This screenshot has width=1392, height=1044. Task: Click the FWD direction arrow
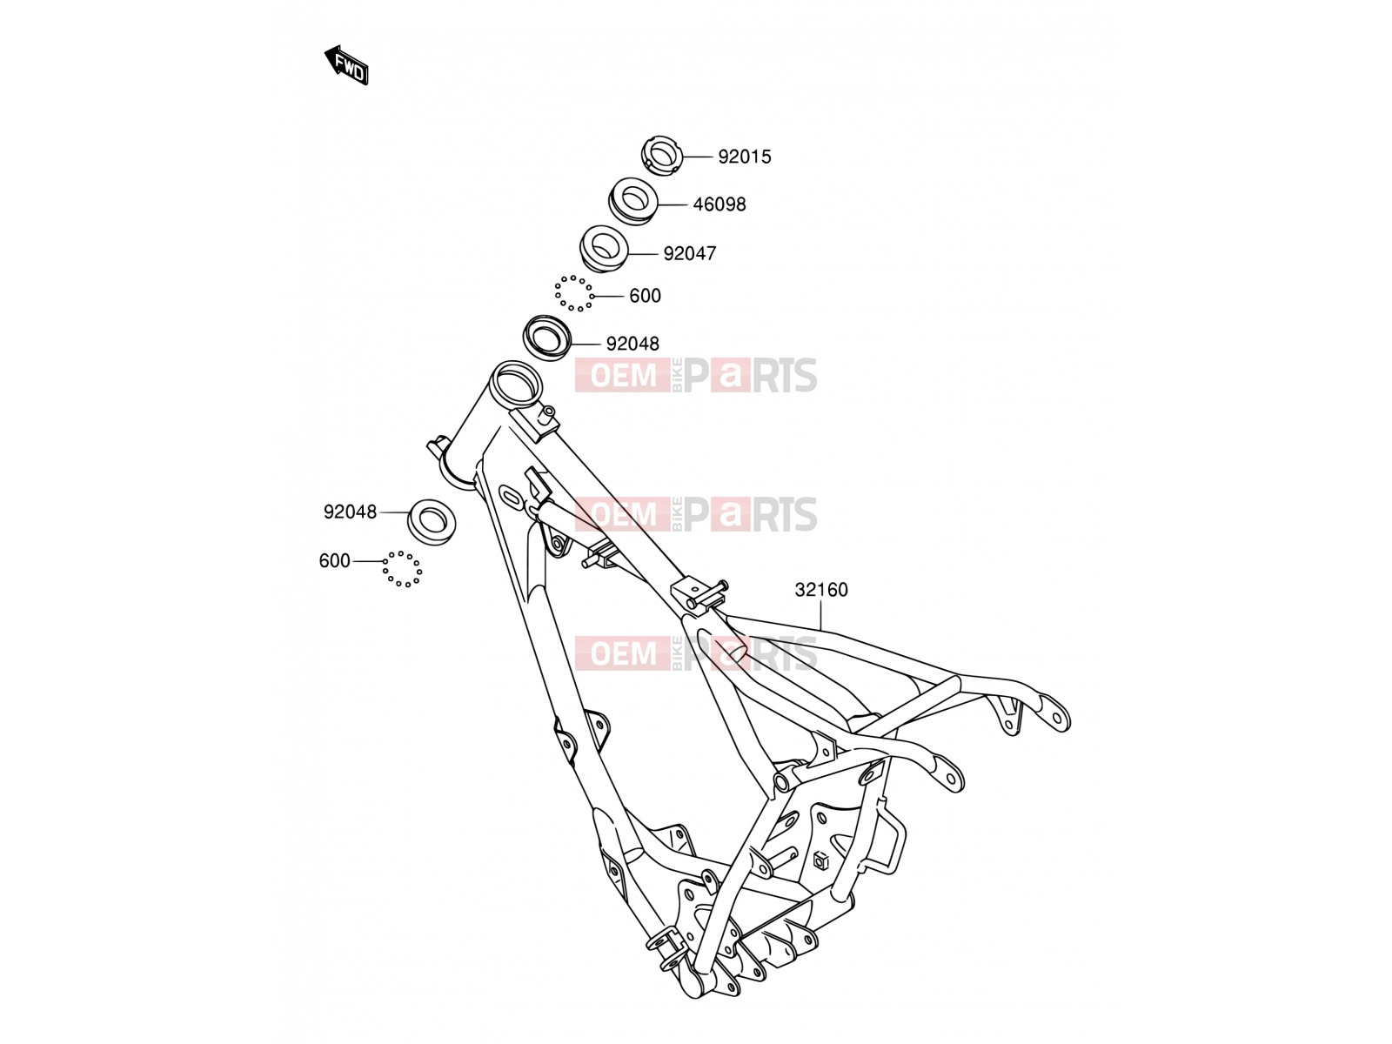(x=345, y=65)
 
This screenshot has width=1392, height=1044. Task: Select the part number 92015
(x=744, y=157)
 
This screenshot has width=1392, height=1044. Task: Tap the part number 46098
(x=719, y=204)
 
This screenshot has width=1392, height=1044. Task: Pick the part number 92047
(x=689, y=253)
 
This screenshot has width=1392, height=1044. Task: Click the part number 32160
(x=820, y=590)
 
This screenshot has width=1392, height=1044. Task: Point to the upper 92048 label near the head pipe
(x=632, y=344)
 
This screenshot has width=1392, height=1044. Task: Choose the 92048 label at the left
(x=350, y=512)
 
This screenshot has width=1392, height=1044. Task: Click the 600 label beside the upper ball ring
(x=645, y=296)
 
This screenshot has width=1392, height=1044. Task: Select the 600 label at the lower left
(x=334, y=561)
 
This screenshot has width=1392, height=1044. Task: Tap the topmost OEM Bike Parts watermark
(x=696, y=375)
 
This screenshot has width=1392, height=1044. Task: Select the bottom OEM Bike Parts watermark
(x=696, y=653)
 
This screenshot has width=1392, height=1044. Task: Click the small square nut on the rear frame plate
(x=820, y=860)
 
